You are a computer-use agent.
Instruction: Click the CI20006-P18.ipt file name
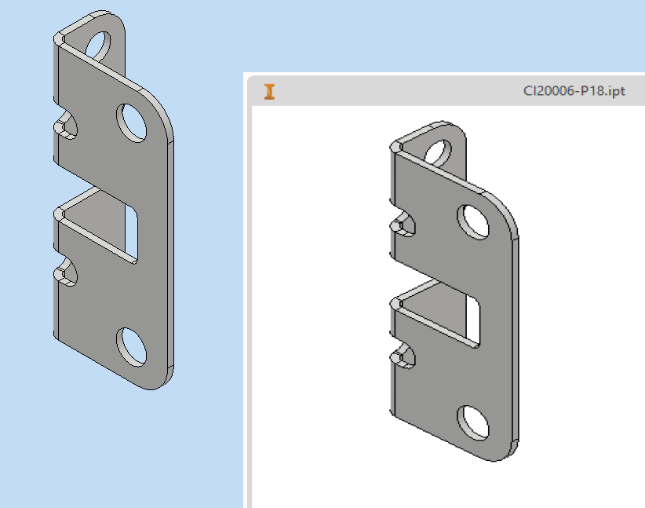tap(574, 91)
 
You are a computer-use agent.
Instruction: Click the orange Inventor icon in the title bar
tap(269, 91)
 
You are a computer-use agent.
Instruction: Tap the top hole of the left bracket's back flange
tap(99, 46)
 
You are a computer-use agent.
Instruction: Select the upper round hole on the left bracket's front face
tap(132, 123)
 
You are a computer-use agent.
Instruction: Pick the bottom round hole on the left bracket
tap(132, 346)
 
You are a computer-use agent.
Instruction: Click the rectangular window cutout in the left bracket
tap(131, 232)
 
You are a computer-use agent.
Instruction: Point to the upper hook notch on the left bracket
tap(66, 126)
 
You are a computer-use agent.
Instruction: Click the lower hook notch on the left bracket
tap(66, 272)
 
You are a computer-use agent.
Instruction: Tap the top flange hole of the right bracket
tap(439, 153)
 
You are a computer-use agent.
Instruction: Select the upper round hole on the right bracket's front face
tap(473, 222)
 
